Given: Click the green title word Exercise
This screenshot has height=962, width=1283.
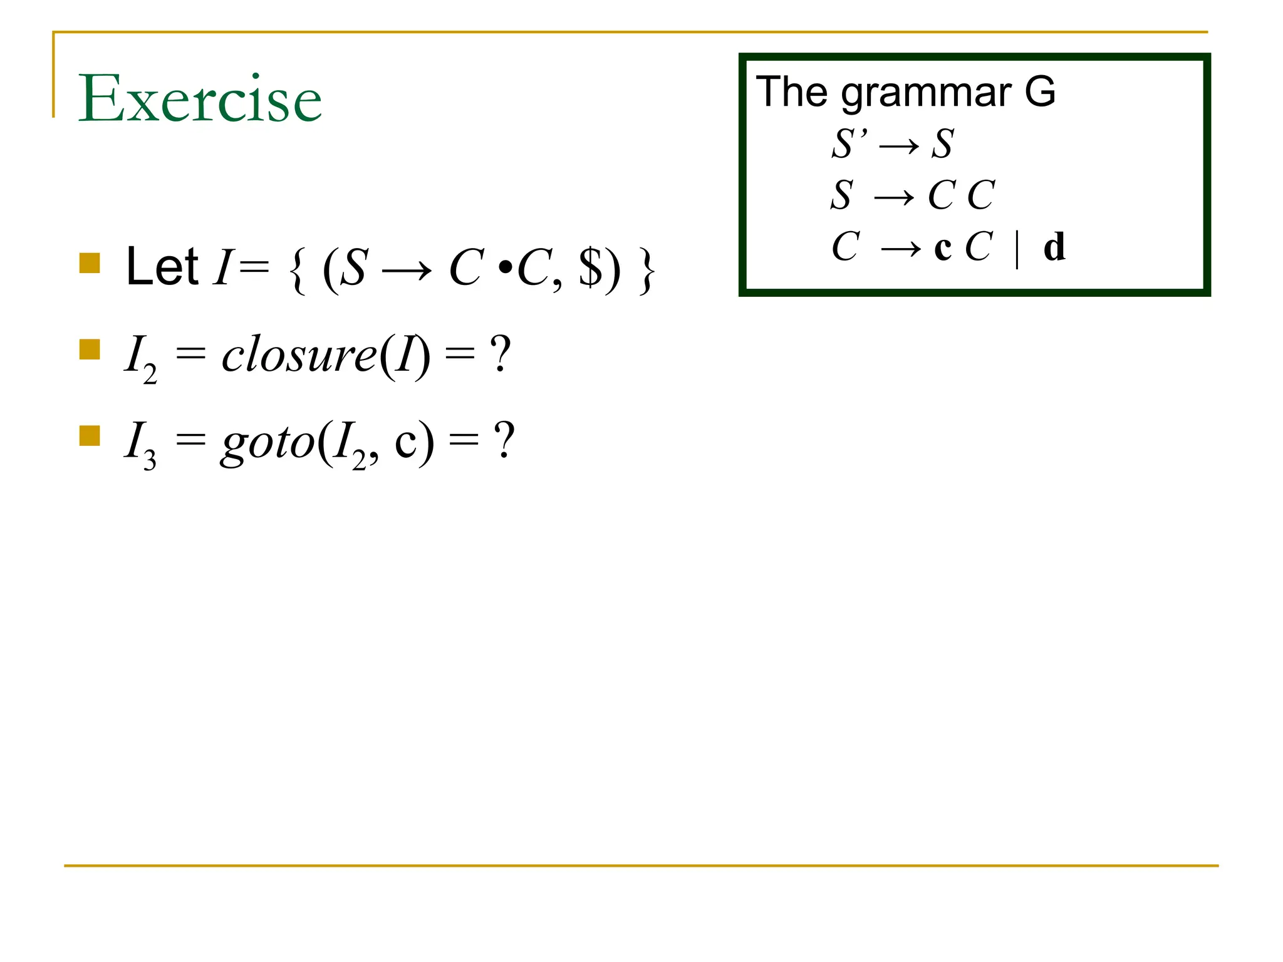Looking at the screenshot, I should click(x=200, y=98).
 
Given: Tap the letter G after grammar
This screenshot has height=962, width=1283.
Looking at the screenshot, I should click(x=1040, y=91).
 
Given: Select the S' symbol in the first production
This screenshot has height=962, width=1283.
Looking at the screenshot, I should click(x=849, y=143).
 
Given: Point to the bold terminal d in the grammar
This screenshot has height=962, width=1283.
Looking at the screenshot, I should click(x=1054, y=247).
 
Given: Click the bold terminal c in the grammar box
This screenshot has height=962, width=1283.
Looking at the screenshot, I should click(x=943, y=248).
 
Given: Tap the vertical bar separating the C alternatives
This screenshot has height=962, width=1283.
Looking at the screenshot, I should click(x=1017, y=248).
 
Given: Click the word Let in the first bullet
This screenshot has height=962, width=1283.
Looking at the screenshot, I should click(x=162, y=267).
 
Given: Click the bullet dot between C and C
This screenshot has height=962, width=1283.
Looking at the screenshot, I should click(x=505, y=269).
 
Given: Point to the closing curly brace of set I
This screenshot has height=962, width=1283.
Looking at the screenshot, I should click(x=647, y=271).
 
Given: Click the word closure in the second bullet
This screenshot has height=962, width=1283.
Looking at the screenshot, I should click(x=299, y=355).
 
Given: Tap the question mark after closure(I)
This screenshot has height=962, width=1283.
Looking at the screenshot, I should click(x=501, y=354).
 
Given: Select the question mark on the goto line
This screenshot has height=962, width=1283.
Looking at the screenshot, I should click(x=504, y=441).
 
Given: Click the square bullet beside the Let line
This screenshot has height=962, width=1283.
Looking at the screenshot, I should click(x=90, y=263).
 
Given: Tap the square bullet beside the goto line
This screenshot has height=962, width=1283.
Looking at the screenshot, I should click(x=90, y=436).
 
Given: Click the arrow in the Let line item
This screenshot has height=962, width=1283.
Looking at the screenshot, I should click(x=407, y=271).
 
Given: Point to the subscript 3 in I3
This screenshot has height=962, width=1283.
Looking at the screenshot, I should click(x=149, y=461).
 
